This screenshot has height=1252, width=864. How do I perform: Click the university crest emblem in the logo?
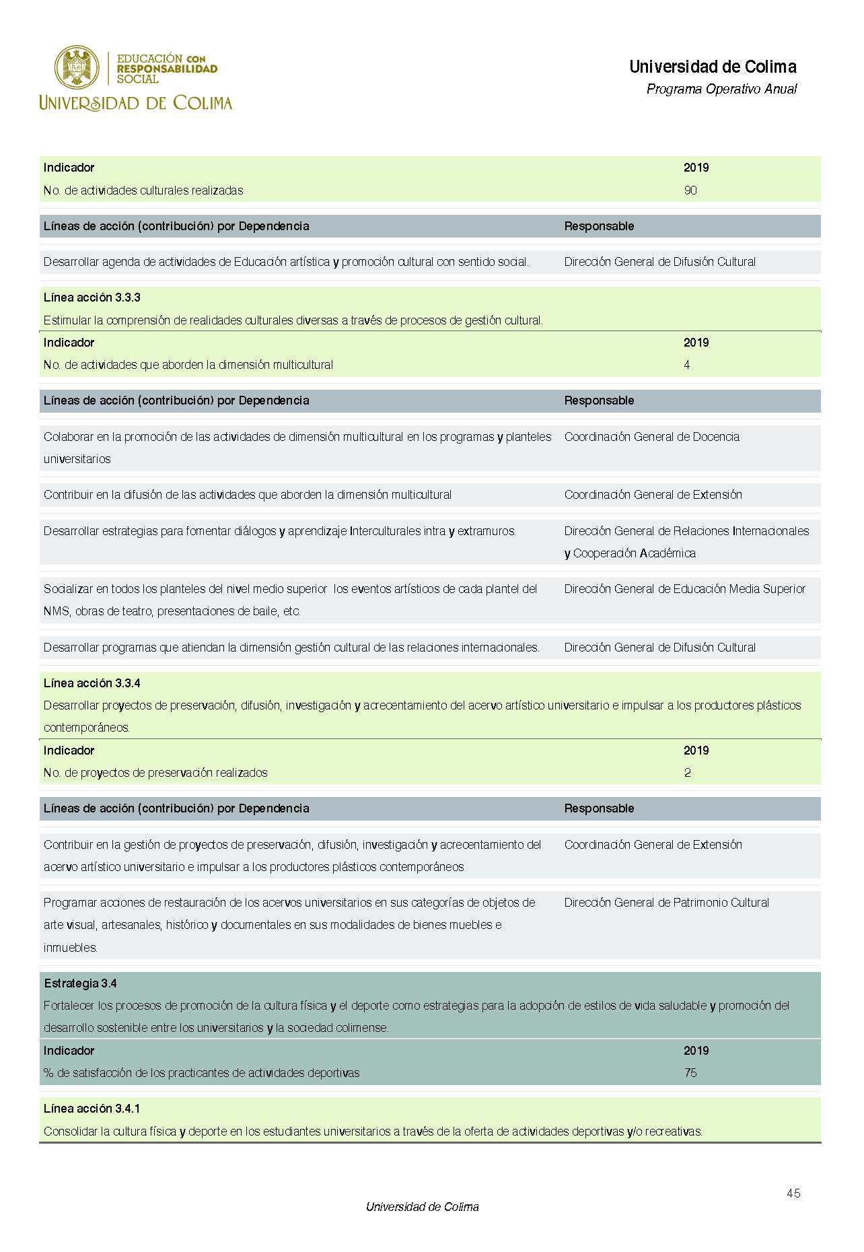77,67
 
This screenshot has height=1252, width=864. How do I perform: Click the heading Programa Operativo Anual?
721,89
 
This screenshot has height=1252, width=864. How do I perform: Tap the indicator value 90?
690,190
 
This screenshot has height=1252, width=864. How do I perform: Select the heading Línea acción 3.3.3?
92,298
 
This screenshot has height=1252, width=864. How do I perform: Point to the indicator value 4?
687,365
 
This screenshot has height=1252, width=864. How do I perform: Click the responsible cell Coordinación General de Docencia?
651,437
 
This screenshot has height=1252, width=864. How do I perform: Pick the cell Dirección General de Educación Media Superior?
684,589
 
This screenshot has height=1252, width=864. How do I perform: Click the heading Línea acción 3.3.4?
92,683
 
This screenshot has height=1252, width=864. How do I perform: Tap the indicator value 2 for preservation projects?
688,773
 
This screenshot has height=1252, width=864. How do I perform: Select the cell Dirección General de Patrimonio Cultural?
666,903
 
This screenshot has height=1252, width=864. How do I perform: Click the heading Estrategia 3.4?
80,983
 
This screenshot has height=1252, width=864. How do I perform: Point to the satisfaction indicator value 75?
690,1073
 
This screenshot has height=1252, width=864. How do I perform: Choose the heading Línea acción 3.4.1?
92,1109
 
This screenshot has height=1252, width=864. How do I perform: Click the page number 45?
793,1193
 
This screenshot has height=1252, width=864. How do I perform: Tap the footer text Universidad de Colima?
422,1207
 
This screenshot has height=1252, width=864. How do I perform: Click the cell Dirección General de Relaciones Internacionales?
686,531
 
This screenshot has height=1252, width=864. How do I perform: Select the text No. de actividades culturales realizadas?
143,190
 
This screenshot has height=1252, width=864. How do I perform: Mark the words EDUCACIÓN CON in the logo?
161,59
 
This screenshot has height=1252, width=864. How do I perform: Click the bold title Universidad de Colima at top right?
713,67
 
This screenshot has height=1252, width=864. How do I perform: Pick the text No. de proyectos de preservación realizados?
155,773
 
